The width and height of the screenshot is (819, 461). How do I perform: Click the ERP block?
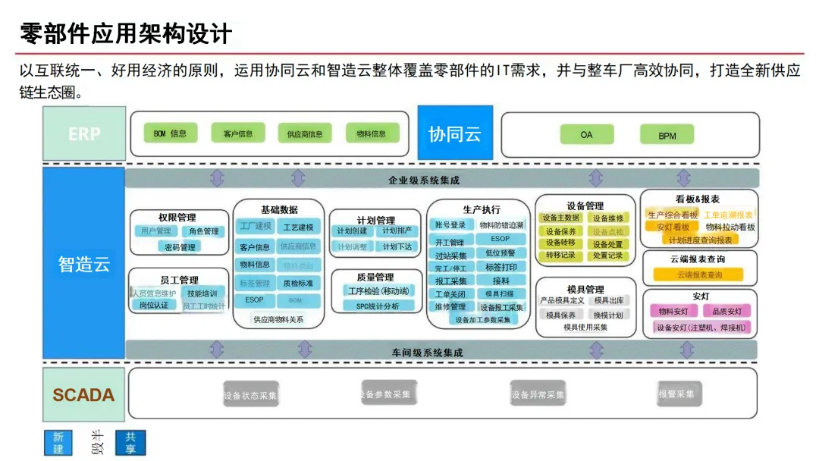83,133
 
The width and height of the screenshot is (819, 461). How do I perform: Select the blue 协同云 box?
455,133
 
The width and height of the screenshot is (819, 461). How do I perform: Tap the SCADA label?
83,394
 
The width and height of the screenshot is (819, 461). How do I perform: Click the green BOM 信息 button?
170,133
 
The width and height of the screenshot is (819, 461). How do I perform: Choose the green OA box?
586,134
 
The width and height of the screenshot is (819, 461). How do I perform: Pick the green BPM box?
667,135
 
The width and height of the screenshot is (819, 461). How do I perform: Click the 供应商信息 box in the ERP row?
305,134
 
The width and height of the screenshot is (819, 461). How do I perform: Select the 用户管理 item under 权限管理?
156,231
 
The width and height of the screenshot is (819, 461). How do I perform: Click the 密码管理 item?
180,246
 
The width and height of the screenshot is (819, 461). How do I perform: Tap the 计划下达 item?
397,246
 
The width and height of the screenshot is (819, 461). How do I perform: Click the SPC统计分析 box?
377,306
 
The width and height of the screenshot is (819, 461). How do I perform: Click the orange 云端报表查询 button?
698,274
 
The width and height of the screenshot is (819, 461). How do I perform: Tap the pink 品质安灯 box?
726,311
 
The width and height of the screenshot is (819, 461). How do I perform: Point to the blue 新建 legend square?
58,443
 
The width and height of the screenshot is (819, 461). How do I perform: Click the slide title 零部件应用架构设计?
125,33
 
